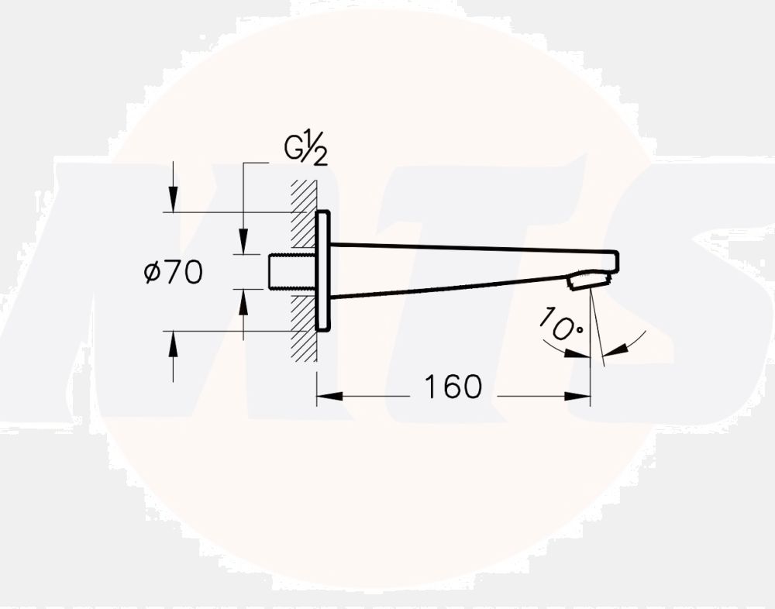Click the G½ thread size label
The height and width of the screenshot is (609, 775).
point(305,148)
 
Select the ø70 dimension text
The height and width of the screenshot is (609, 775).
point(174,272)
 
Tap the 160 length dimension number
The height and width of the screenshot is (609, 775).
point(453,387)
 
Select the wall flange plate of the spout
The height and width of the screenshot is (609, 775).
point(322,270)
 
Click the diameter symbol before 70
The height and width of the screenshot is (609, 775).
point(152,273)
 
